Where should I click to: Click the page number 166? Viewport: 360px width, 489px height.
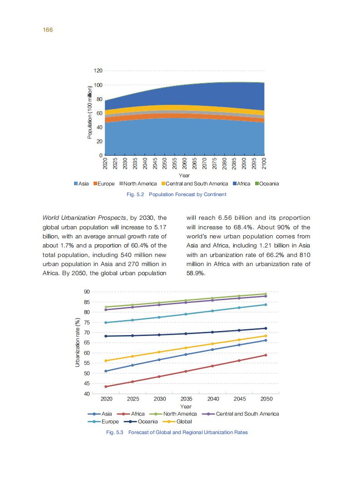(48, 30)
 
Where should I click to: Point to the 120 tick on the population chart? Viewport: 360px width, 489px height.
(98, 71)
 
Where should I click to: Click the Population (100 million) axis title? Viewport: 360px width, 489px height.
(90, 112)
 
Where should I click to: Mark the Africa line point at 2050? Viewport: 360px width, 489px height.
(266, 355)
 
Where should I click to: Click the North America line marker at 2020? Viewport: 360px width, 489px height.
(106, 307)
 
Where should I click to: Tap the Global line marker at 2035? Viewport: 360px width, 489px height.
(186, 348)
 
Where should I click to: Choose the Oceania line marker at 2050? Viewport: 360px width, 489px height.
(266, 328)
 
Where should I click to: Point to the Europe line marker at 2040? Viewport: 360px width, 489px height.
(212, 311)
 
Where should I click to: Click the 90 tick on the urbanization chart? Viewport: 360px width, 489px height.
(86, 291)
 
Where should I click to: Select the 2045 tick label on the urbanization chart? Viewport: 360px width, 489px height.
(240, 399)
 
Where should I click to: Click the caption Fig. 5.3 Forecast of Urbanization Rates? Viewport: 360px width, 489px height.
(177, 432)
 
